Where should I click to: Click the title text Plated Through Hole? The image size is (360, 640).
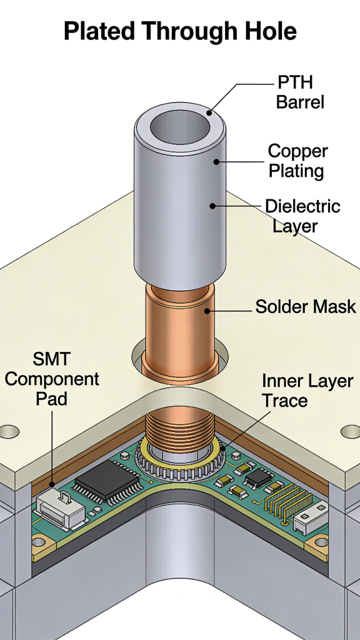pos(180,31)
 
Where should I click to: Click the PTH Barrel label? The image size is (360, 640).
pos(300,91)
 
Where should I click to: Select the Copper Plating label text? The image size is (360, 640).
pos(297,161)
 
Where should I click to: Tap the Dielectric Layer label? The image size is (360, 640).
pos(302,215)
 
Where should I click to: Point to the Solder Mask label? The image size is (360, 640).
pos(305,307)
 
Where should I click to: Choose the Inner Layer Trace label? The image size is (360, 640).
pos(307,390)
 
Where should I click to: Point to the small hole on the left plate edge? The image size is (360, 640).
pos(9,431)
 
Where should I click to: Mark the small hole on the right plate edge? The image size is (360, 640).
pos(351,431)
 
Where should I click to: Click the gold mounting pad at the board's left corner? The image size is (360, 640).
pos(39,542)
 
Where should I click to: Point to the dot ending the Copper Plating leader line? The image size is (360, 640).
pos(216,162)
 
